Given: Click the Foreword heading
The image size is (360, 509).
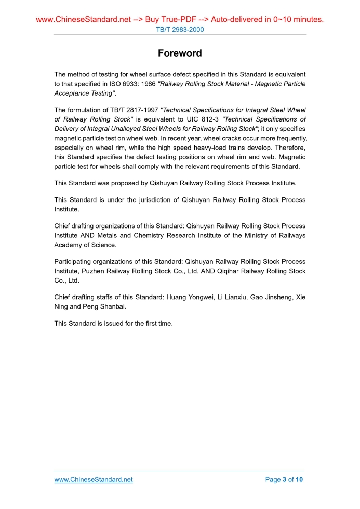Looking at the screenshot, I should [x=180, y=53].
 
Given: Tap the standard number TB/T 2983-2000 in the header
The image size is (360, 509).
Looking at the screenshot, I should [x=180, y=30].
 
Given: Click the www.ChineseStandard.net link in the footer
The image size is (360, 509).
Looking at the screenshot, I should [x=94, y=479].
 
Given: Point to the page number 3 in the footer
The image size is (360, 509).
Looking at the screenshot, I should [x=284, y=479].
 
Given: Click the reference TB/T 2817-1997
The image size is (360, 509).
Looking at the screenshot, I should [x=133, y=110].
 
